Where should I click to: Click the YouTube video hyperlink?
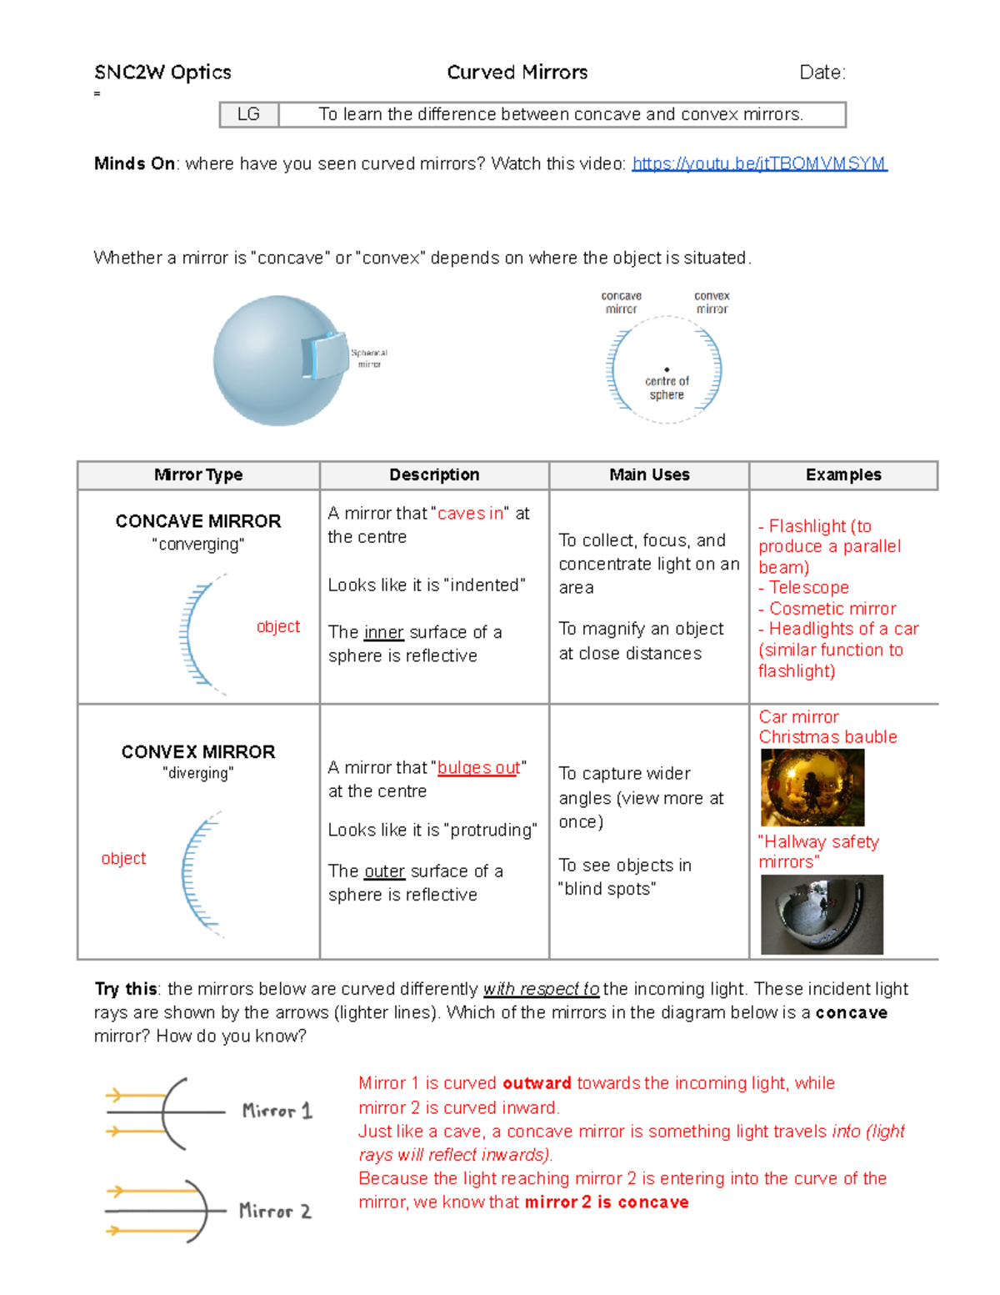point(759,163)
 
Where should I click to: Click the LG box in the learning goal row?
point(248,114)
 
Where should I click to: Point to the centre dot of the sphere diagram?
point(667,369)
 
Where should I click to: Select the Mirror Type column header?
point(198,474)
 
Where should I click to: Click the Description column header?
point(434,474)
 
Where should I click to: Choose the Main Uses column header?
point(649,474)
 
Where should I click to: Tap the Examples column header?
point(843,474)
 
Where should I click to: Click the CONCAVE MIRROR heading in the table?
point(198,521)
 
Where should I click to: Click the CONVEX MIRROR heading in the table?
point(198,752)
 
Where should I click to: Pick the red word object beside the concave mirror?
point(277,626)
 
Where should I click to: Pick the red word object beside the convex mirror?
point(123,858)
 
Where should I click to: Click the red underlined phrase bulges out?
point(478,767)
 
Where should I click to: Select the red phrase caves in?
point(470,514)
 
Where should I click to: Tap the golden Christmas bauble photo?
point(812,787)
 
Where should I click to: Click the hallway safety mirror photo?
point(822,914)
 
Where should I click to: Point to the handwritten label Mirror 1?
point(277,1111)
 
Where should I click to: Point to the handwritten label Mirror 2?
point(275,1211)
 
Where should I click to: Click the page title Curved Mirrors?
point(517,73)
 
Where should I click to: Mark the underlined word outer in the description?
point(384,871)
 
